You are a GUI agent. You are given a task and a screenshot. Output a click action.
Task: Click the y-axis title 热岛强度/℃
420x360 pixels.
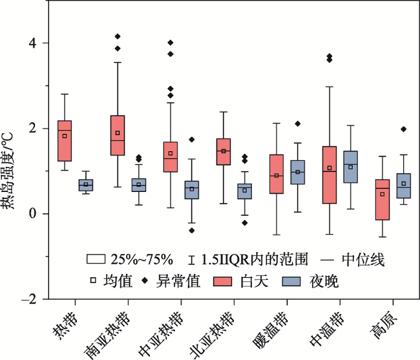coord(11,171)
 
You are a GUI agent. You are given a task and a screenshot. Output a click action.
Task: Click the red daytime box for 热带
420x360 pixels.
coord(65,140)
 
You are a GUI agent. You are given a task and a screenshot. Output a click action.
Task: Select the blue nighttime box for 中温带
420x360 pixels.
coord(350,167)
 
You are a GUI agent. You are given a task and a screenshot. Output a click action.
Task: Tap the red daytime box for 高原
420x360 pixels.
coord(382,200)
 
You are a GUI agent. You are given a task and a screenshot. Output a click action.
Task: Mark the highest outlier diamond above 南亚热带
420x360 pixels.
coord(118,36)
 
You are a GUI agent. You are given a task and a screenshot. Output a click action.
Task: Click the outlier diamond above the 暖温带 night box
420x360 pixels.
coord(298,123)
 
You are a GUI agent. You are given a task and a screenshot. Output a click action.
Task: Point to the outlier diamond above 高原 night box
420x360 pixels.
coord(404,129)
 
